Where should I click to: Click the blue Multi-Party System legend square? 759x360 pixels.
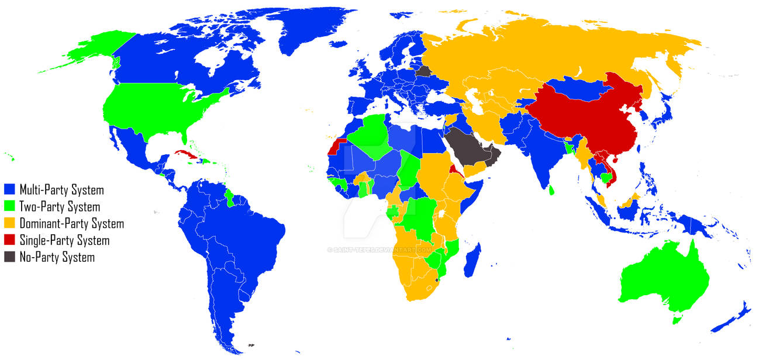[x=10, y=189]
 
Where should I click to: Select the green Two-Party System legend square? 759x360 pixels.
[x=10, y=206]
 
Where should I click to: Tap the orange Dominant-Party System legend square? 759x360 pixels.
[x=10, y=223]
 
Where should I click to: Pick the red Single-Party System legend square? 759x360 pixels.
[x=10, y=240]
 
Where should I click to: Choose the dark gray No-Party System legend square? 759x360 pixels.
[x=10, y=257]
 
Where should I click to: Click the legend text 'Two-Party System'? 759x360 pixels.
[x=60, y=207]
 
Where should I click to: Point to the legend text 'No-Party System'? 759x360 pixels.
[x=57, y=257]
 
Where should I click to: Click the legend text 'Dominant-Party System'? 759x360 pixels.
[x=72, y=224]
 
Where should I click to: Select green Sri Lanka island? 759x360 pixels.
[x=552, y=189]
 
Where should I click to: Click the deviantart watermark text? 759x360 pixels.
[x=379, y=250]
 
